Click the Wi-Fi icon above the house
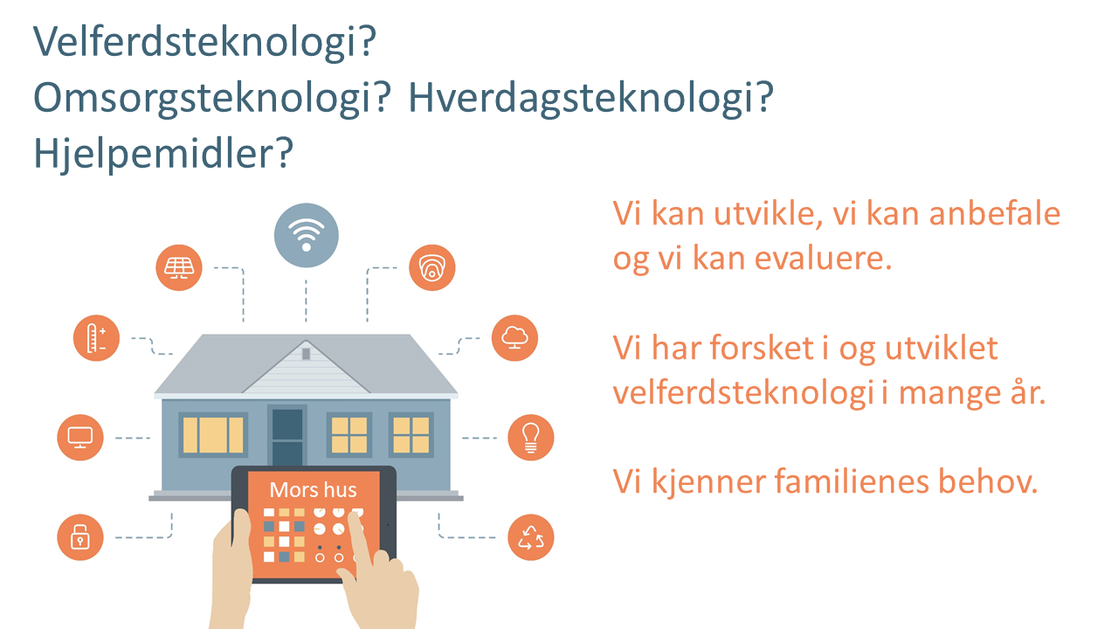click(306, 235)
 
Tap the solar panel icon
click(179, 267)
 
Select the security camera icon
click(431, 267)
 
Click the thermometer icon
click(96, 338)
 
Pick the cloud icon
click(514, 338)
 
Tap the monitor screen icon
click(80, 438)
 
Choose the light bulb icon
click(530, 438)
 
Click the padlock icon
click(80, 537)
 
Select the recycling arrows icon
click(530, 537)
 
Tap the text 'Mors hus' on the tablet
click(313, 490)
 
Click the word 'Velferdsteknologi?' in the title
click(204, 43)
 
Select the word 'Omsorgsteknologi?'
click(212, 99)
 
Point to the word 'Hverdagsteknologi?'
click(591, 99)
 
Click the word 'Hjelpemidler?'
click(163, 154)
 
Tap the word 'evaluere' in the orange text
click(823, 259)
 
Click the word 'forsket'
click(762, 348)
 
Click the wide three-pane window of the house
click(213, 435)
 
